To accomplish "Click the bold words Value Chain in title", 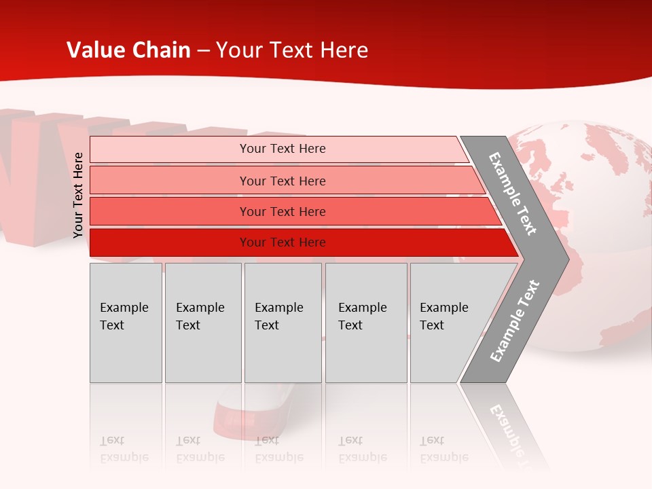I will pyautogui.click(x=128, y=50).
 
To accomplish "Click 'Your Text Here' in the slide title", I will pyautogui.click(x=292, y=50).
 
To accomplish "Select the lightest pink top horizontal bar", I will pyautogui.click(x=282, y=149).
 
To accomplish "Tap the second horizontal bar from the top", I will pyautogui.click(x=282, y=181).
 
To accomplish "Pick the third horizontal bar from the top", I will pyautogui.click(x=282, y=211).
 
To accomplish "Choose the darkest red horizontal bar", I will pyautogui.click(x=282, y=242).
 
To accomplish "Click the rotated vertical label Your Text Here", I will pyautogui.click(x=78, y=195).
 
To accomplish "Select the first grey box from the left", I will pyautogui.click(x=126, y=323).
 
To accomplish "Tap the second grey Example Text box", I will pyautogui.click(x=202, y=323).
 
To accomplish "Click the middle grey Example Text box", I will pyautogui.click(x=283, y=323).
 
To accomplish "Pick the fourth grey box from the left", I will pyautogui.click(x=365, y=323).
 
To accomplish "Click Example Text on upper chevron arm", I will pyautogui.click(x=513, y=194).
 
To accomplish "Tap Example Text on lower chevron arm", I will pyautogui.click(x=514, y=321).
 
